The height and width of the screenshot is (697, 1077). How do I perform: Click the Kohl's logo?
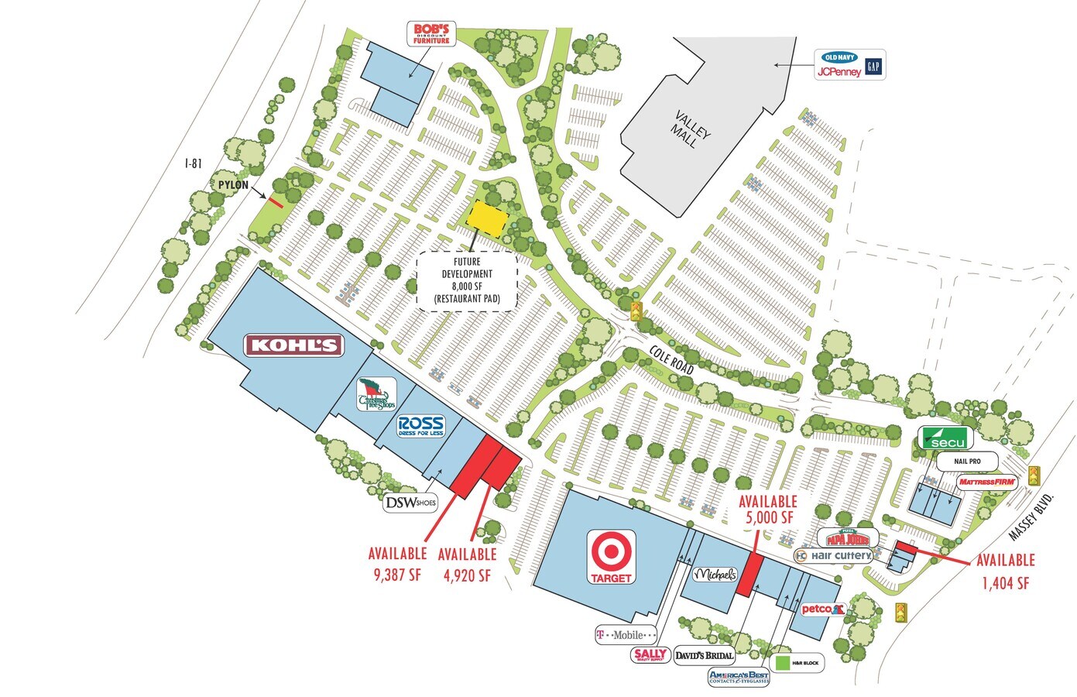[293, 345]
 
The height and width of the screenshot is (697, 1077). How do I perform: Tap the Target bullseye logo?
[612, 555]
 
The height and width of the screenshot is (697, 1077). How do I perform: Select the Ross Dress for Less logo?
[420, 426]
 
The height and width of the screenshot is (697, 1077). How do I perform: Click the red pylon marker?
[276, 201]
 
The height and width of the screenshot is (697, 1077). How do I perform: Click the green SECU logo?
[944, 438]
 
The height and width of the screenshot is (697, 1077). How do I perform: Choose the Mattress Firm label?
[986, 482]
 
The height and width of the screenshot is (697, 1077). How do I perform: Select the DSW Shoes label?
[410, 503]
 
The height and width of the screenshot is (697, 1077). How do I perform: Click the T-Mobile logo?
[625, 635]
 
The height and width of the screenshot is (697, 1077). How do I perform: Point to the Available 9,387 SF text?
[397, 564]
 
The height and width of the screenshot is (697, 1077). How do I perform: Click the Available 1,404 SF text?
[1005, 571]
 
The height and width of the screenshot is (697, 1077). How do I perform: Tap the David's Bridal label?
[704, 655]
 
